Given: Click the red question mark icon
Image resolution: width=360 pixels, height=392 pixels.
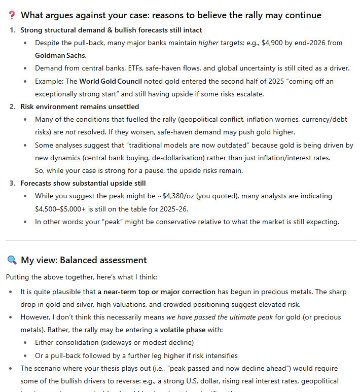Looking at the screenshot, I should click(12, 15).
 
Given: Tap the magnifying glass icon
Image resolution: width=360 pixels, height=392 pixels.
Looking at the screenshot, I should click(12, 260).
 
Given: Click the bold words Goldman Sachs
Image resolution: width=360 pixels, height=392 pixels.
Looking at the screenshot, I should click(61, 55).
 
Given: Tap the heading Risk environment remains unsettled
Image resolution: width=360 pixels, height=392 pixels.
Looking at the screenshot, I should click(80, 106).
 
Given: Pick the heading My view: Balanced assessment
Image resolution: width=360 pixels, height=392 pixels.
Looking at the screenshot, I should click(84, 260).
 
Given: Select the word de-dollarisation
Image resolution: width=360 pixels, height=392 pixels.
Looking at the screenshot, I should click(184, 158).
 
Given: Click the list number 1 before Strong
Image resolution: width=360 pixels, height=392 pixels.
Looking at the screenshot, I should click(12, 30).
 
